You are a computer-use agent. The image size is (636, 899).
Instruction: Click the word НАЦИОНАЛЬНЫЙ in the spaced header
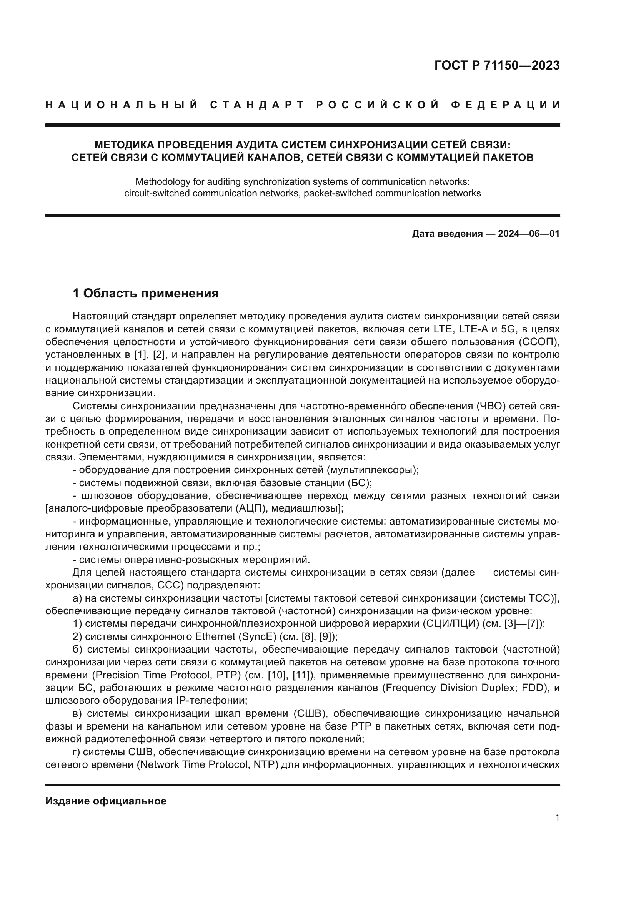point(122,105)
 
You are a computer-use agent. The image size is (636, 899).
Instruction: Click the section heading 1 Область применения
point(146,293)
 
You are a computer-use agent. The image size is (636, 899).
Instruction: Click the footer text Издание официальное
point(106,801)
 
